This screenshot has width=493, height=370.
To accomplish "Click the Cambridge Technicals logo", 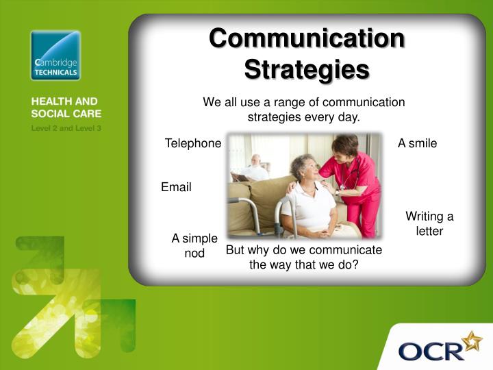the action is (55, 56).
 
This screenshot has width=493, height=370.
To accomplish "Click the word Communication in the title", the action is (307, 38).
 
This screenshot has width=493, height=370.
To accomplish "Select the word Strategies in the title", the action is (307, 70).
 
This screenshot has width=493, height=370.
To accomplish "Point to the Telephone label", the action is (193, 143).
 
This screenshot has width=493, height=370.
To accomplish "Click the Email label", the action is (176, 187).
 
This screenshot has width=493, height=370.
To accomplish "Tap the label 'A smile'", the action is (417, 143).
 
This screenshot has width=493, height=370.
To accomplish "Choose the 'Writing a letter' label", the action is (429, 223).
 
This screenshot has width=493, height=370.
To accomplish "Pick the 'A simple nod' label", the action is (194, 245).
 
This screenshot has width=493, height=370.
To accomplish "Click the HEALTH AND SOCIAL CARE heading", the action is (66, 108).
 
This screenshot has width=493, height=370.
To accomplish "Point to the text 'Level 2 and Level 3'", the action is (66, 128).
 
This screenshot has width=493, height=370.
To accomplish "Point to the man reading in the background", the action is (253, 169).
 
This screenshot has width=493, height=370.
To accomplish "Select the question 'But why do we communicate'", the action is (304, 250).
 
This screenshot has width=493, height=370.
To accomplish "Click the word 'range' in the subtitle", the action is (290, 103).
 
